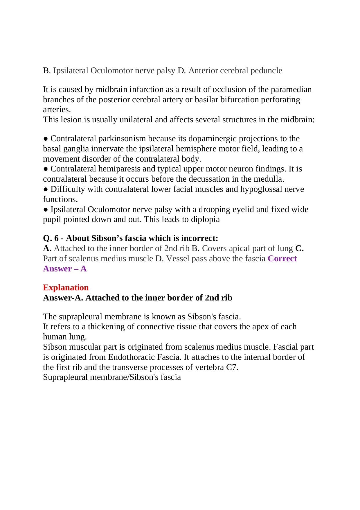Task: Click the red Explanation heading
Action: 66,287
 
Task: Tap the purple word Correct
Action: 282,258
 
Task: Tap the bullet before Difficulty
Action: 46,189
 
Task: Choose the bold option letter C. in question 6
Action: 299,248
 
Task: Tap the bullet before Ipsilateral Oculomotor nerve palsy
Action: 46,210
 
